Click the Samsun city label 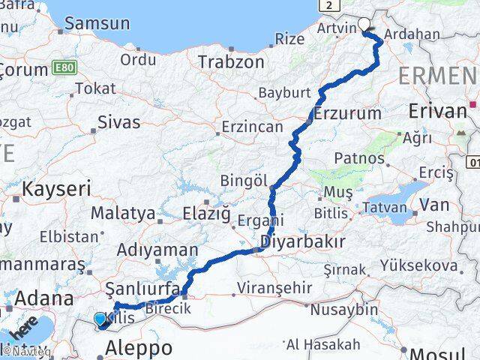tap(97, 23)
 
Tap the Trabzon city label tap(232, 61)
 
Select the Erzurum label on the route tap(348, 113)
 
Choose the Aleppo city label tap(139, 347)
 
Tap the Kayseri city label tap(56, 188)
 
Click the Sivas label tap(119, 122)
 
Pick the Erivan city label tap(438, 112)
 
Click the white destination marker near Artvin tap(364, 23)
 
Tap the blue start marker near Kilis tap(100, 319)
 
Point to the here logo tap(22, 330)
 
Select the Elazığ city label tap(206, 214)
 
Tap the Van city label tap(434, 204)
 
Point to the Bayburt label tap(283, 93)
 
